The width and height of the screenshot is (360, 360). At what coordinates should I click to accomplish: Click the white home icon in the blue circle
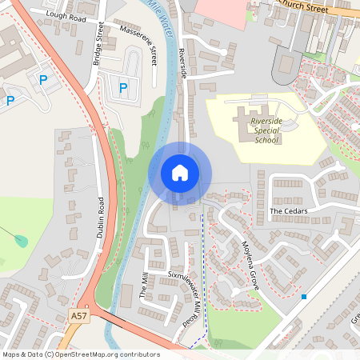[x=180, y=172]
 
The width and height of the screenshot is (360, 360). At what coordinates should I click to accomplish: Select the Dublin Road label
[x=101, y=217]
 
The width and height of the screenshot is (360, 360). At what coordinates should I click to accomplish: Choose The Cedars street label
[x=289, y=211]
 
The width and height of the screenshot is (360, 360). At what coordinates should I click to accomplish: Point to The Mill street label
[x=145, y=285]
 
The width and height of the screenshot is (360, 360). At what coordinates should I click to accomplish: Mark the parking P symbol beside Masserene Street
[x=123, y=87]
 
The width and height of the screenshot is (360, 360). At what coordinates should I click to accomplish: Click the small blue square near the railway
[x=304, y=297]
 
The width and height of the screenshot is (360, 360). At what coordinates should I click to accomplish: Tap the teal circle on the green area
[x=22, y=240]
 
